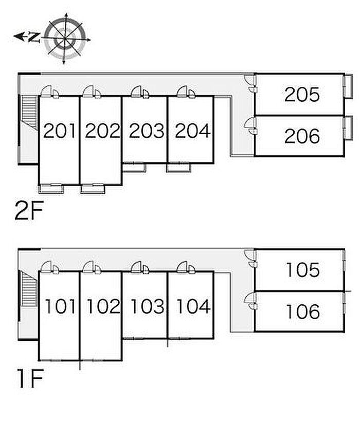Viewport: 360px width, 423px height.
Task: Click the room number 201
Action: click(x=60, y=131)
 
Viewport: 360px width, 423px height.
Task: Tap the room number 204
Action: click(x=193, y=131)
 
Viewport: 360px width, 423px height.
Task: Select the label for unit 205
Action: click(x=302, y=95)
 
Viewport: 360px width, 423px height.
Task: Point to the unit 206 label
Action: click(x=302, y=136)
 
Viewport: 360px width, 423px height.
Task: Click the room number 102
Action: click(x=103, y=306)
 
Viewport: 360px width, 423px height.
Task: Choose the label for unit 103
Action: click(x=148, y=306)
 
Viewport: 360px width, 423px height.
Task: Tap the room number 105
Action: click(x=303, y=270)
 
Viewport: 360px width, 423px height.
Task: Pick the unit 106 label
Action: click(x=303, y=311)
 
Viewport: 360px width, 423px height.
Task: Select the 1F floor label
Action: click(x=30, y=379)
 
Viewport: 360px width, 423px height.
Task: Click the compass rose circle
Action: click(x=65, y=39)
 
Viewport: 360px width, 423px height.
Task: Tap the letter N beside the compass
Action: click(x=34, y=37)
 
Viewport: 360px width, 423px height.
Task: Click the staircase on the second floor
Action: click(x=29, y=111)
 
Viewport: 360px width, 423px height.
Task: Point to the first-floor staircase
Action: click(x=29, y=288)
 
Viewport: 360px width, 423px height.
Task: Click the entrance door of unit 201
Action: click(x=46, y=91)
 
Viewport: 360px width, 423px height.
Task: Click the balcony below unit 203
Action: click(x=134, y=167)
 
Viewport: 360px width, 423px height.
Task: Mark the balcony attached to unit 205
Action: click(x=348, y=86)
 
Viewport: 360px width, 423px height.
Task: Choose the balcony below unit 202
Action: click(x=93, y=189)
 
